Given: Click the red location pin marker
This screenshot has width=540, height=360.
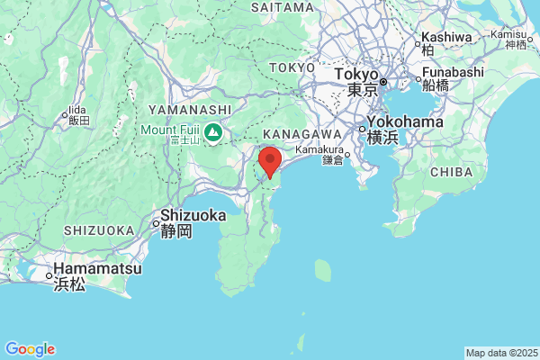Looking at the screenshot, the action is (x=269, y=162).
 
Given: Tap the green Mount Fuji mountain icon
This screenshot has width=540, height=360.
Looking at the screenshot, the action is (x=214, y=133).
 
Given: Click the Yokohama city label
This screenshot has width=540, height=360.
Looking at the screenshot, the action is (x=405, y=121).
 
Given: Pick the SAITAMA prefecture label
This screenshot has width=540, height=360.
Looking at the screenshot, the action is (x=282, y=6).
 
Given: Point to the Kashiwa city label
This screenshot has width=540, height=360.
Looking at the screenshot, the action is (x=445, y=37).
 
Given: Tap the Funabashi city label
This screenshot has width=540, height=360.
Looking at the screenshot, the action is (x=453, y=71).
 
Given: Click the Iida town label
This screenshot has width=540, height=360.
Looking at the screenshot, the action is (x=77, y=106).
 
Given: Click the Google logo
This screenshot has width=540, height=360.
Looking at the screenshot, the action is (x=29, y=349).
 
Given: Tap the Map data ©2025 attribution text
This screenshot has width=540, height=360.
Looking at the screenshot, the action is (x=500, y=352).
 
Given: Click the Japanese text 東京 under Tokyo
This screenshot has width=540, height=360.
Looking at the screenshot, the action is (x=363, y=90).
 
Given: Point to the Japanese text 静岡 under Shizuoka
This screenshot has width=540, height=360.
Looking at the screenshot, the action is (x=176, y=231).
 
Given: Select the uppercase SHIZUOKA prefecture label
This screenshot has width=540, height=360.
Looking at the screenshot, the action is (x=99, y=230).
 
